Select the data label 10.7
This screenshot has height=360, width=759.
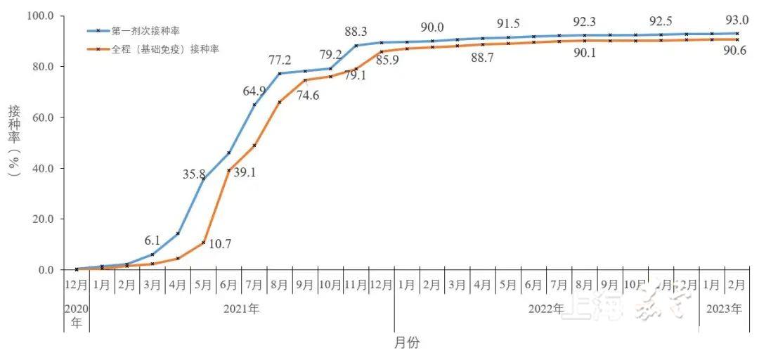pyautogui.click(x=217, y=245)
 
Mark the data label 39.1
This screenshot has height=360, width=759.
pyautogui.click(x=242, y=172)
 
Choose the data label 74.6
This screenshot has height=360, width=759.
pyautogui.click(x=307, y=96)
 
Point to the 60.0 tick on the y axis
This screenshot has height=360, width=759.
pyautogui.click(x=39, y=117)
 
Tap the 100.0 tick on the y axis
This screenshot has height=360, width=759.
pyautogui.click(x=37, y=15)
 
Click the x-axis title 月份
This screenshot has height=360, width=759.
pyautogui.click(x=406, y=342)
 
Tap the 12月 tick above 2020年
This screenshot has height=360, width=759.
pyautogui.click(x=76, y=286)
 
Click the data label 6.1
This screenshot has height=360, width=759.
pyautogui.click(x=153, y=240)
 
